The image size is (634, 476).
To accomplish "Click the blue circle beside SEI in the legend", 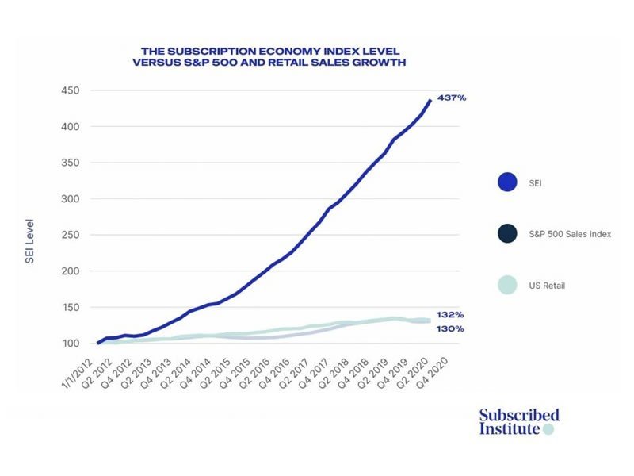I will tap(508, 182).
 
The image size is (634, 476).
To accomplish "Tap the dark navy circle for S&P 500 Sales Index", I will tap(508, 234).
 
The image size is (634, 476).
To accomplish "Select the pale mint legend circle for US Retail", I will tap(508, 285).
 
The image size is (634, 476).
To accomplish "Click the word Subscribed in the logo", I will tap(519, 415).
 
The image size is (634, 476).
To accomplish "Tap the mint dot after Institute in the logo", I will tap(548, 429).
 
